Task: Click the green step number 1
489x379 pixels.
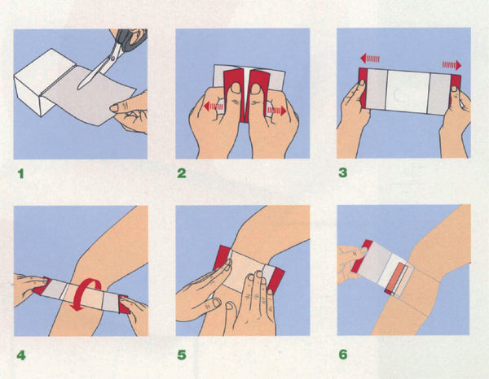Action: pos(21,173)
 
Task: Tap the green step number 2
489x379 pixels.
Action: pos(182,173)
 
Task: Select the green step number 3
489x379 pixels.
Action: pos(343,172)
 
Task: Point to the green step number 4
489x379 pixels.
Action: pos(21,355)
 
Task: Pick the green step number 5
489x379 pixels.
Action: pos(182,355)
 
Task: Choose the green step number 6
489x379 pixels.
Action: pos(343,354)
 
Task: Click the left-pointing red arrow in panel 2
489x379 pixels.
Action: pos(214,107)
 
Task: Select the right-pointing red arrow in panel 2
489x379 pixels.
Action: pos(277,111)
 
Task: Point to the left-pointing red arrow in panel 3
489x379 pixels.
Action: pos(370,59)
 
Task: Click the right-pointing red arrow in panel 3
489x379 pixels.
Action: pos(452,65)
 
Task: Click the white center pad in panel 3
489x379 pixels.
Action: pos(408,91)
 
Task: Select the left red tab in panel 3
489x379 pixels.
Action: pos(363,87)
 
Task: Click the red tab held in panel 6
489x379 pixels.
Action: pos(362,255)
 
